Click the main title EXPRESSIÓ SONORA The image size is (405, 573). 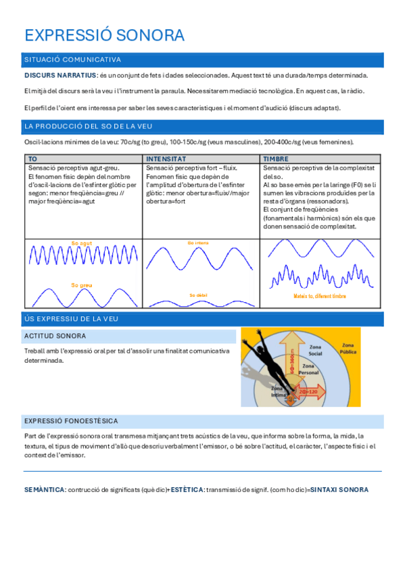click(x=103, y=35)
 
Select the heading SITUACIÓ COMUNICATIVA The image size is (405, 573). click(x=72, y=59)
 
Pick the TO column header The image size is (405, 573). click(x=32, y=158)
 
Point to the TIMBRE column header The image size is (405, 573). click(x=277, y=158)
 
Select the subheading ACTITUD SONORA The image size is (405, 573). click(x=55, y=336)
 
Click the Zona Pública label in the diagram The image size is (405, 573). click(x=348, y=348)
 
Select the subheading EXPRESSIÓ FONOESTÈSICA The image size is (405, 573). click(x=71, y=420)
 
